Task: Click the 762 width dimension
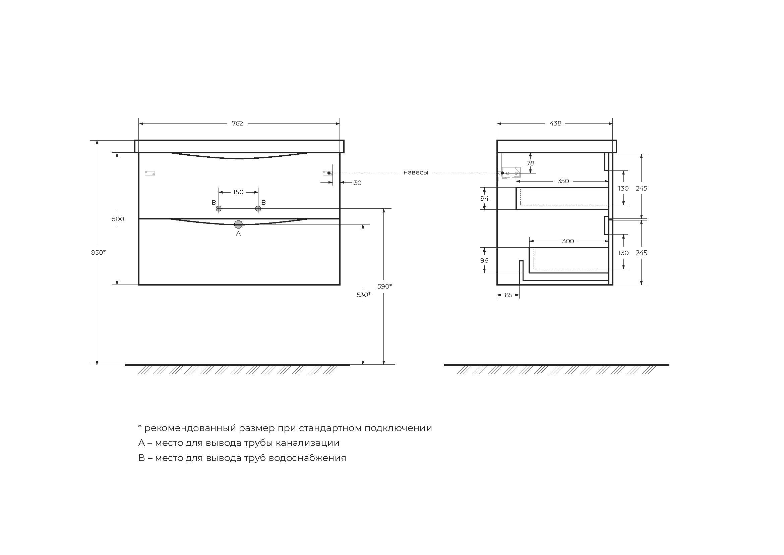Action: [237, 123]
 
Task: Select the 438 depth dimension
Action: [555, 123]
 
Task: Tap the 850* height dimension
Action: [98, 253]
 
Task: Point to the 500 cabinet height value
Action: [118, 219]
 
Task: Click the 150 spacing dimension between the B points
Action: [238, 192]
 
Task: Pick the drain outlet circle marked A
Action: [238, 224]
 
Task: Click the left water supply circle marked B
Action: [219, 208]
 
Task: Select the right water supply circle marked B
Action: [258, 208]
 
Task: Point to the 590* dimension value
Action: [384, 286]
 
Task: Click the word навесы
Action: [416, 173]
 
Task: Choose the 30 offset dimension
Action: [357, 183]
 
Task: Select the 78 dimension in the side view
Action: [530, 163]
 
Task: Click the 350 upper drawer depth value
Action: [563, 181]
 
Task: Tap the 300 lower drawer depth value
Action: [568, 241]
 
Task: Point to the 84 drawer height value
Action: [484, 199]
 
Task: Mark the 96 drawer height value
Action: [484, 261]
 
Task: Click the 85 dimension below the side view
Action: [508, 295]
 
